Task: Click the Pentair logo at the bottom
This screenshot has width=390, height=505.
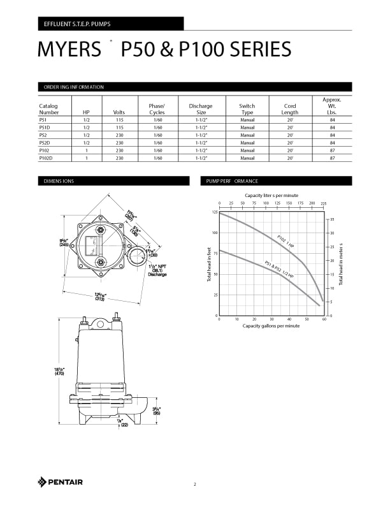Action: pyautogui.click(x=61, y=481)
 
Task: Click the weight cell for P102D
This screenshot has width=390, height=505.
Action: pyautogui.click(x=332, y=157)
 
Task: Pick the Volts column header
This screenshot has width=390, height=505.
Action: pyautogui.click(x=119, y=112)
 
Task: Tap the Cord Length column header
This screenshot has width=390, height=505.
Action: pyautogui.click(x=290, y=109)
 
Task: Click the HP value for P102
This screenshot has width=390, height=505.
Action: pyautogui.click(x=86, y=150)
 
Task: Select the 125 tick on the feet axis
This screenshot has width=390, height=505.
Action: pyautogui.click(x=214, y=212)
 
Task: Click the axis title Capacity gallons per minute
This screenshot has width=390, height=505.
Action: pyautogui.click(x=271, y=326)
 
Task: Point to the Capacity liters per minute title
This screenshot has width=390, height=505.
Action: pyautogui.click(x=271, y=195)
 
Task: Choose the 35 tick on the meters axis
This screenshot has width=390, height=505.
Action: pyautogui.click(x=332, y=219)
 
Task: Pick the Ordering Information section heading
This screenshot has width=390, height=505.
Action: pyautogui.click(x=73, y=87)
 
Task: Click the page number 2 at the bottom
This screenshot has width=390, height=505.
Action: pyautogui.click(x=195, y=485)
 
